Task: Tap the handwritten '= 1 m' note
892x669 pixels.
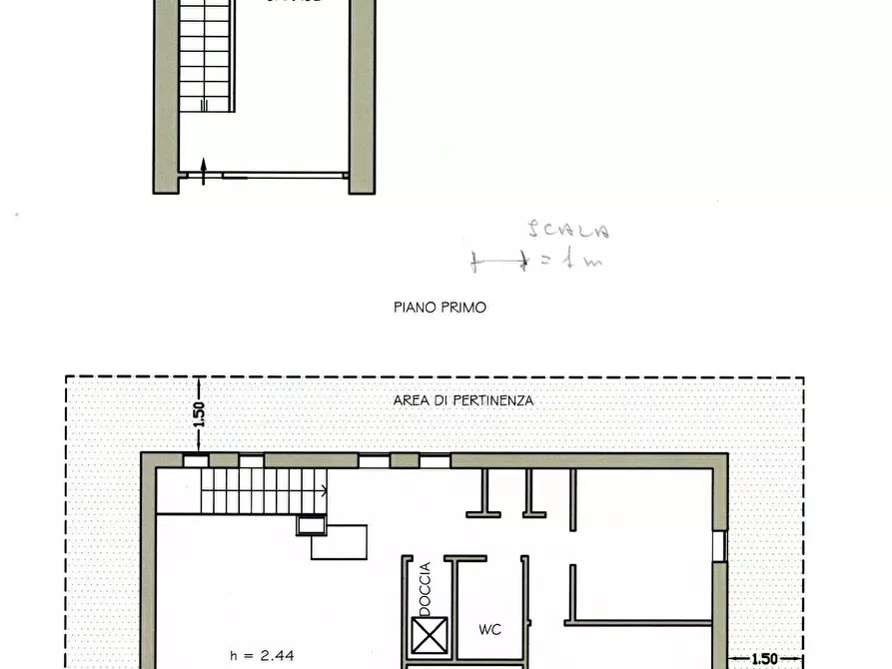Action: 573,262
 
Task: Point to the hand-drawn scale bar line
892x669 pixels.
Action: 498,263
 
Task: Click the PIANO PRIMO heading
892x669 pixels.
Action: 440,308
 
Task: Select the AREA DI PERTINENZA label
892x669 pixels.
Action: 463,400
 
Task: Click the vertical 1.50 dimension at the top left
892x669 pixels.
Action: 199,413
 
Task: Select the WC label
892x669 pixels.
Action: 489,629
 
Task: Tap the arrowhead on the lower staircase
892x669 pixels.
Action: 326,490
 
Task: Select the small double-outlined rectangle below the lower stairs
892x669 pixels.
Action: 311,525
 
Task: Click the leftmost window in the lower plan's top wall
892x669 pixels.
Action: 196,460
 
